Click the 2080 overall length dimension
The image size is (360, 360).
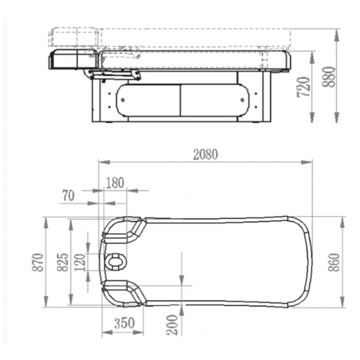[206, 155]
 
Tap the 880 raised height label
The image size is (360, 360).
[328, 77]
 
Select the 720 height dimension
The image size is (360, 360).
[303, 87]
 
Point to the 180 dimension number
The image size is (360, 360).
[115, 183]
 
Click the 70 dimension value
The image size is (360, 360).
[68, 196]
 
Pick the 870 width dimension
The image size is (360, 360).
[38, 262]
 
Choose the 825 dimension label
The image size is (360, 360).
[63, 262]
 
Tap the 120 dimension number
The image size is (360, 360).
[80, 262]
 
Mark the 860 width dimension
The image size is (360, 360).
[334, 262]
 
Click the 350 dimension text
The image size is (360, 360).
[125, 323]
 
